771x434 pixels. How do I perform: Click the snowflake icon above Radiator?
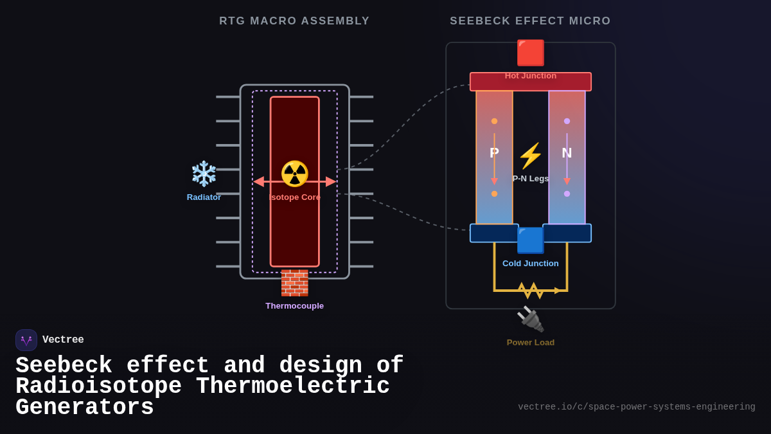pyautogui.click(x=204, y=174)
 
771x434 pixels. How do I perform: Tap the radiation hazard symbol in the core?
pyautogui.click(x=295, y=174)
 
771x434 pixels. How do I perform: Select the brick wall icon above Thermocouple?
pyautogui.click(x=294, y=283)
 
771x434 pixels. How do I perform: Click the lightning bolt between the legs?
pyautogui.click(x=530, y=156)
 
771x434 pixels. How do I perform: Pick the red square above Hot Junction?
pyautogui.click(x=531, y=53)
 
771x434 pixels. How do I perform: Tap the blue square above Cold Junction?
pyautogui.click(x=531, y=240)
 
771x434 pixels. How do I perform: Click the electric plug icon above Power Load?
pyautogui.click(x=530, y=319)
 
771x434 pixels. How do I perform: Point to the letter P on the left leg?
pyautogui.click(x=494, y=153)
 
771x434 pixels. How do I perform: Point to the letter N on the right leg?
pyautogui.click(x=567, y=153)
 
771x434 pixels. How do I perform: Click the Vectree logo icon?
pyautogui.click(x=26, y=340)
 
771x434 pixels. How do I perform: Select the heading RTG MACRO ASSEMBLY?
pyautogui.click(x=294, y=21)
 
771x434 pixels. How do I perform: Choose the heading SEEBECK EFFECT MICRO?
pyautogui.click(x=530, y=21)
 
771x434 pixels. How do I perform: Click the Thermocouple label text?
pyautogui.click(x=294, y=306)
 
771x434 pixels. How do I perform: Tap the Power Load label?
pyautogui.click(x=530, y=343)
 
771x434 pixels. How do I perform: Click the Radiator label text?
pyautogui.click(x=204, y=197)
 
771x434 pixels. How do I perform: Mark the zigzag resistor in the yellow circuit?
pyautogui.click(x=531, y=291)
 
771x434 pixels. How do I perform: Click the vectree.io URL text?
pyautogui.click(x=636, y=407)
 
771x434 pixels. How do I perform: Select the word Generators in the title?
pyautogui.click(x=85, y=408)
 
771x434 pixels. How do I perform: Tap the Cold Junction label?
pyautogui.click(x=530, y=264)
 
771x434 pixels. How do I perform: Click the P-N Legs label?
pyautogui.click(x=531, y=179)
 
